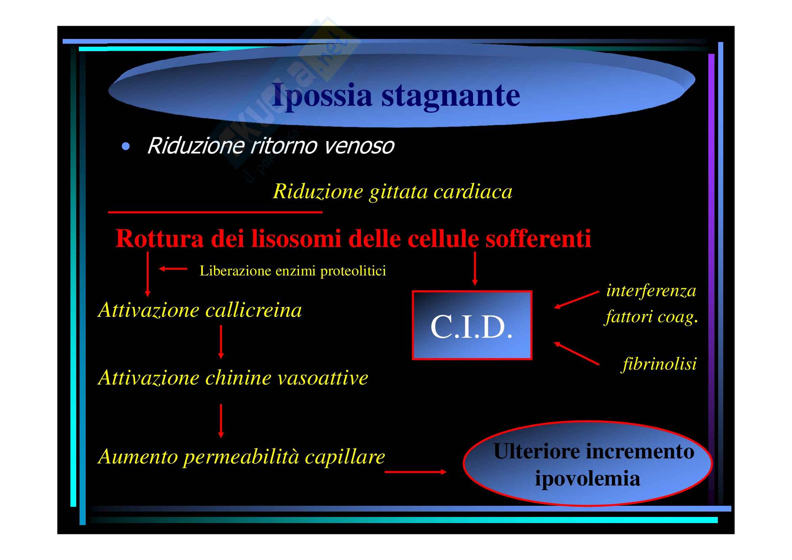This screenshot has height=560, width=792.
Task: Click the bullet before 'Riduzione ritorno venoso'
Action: click(x=126, y=147)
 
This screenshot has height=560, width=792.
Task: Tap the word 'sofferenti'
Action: click(x=538, y=238)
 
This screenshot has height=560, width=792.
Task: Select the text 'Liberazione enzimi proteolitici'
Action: click(x=293, y=271)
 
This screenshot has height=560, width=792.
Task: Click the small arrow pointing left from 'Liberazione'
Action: click(x=173, y=268)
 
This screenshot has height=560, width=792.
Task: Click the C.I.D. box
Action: click(x=472, y=325)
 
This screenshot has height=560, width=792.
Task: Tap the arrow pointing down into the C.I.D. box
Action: click(x=475, y=268)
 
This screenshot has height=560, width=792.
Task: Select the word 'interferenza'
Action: click(x=651, y=291)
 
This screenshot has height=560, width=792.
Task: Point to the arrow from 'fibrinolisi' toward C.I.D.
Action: click(x=576, y=353)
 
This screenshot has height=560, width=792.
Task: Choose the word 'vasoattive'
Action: click(x=323, y=378)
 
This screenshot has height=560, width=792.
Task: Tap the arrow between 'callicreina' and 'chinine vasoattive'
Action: click(x=221, y=342)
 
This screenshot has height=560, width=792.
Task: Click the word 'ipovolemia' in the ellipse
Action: click(x=587, y=479)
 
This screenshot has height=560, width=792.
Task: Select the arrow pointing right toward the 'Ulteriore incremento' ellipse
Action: click(x=415, y=472)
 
